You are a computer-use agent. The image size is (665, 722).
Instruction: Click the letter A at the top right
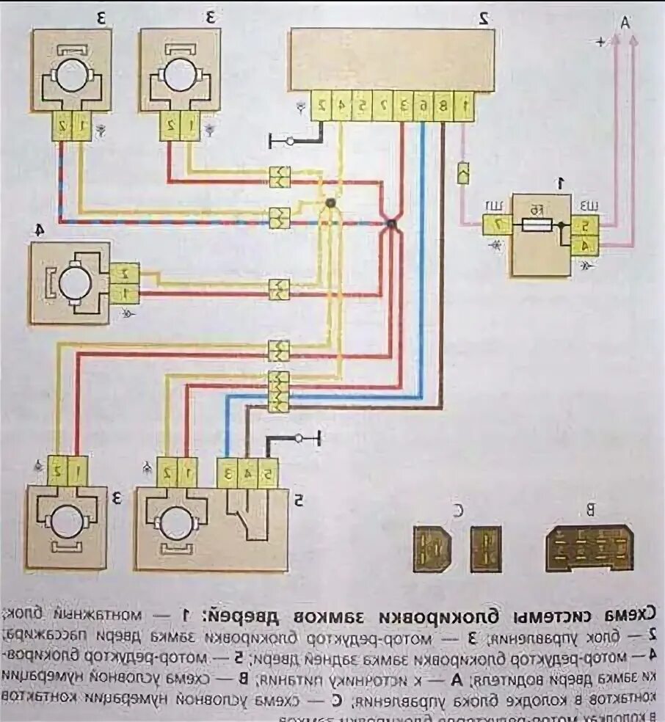[625, 24]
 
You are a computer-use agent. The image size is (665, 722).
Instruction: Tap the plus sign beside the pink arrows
[601, 43]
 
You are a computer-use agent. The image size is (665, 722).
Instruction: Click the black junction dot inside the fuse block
[559, 227]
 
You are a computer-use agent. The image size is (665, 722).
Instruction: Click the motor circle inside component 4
[73, 282]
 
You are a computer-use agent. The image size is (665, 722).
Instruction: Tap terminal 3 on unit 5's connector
[228, 473]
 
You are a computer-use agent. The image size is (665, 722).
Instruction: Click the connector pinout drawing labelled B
[589, 548]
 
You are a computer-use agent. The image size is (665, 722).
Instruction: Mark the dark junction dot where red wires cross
[392, 224]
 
